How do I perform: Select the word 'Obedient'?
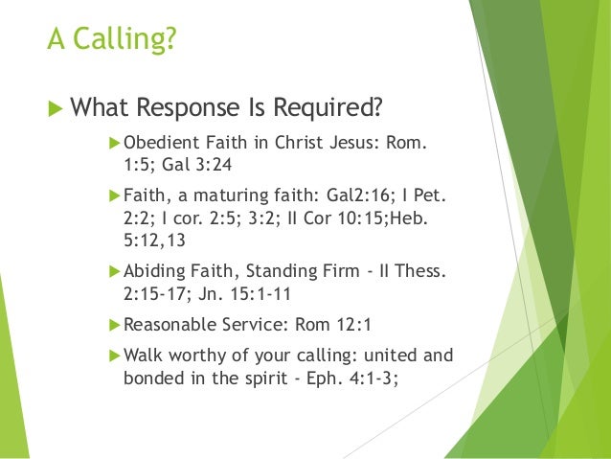tap(157, 144)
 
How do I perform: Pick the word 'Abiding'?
tap(152, 271)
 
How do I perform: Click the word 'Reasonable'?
tap(167, 324)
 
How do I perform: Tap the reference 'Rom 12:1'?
tap(297, 324)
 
